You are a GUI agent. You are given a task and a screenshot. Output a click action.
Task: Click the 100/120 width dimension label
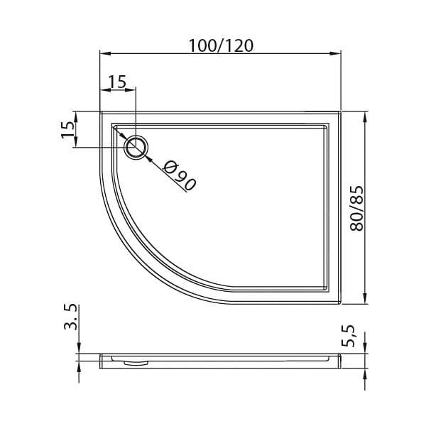pyautogui.click(x=221, y=45)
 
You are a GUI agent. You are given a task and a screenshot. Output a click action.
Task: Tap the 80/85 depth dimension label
pyautogui.click(x=356, y=208)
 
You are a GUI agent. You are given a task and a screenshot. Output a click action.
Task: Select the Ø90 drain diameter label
pyautogui.click(x=180, y=176)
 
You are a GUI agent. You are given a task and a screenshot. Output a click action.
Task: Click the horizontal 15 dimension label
pyautogui.click(x=117, y=82)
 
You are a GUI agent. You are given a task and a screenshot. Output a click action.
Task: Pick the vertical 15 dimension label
pyautogui.click(x=67, y=130)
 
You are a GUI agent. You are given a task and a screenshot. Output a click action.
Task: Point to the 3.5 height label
pyautogui.click(x=70, y=317)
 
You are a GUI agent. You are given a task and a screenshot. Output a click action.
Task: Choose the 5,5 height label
pyautogui.click(x=348, y=336)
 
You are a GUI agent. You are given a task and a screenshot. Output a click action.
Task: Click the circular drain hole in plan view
pyautogui.click(x=136, y=148)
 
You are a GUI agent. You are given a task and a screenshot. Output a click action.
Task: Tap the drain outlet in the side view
pyautogui.click(x=136, y=363)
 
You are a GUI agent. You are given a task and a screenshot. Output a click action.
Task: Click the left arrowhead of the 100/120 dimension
pyautogui.click(x=105, y=53)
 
